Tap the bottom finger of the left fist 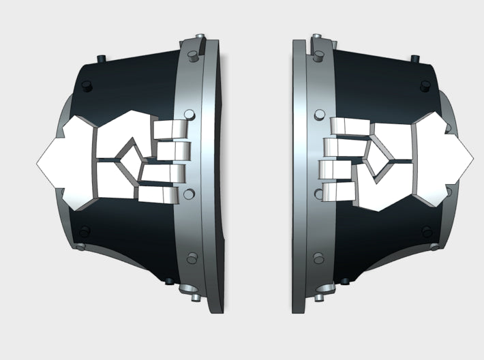161,192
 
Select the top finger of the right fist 347,125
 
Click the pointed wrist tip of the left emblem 42,162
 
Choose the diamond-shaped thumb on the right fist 378,151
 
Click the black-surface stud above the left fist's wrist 87,85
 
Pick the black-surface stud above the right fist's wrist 427,86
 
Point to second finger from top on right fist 334,146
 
